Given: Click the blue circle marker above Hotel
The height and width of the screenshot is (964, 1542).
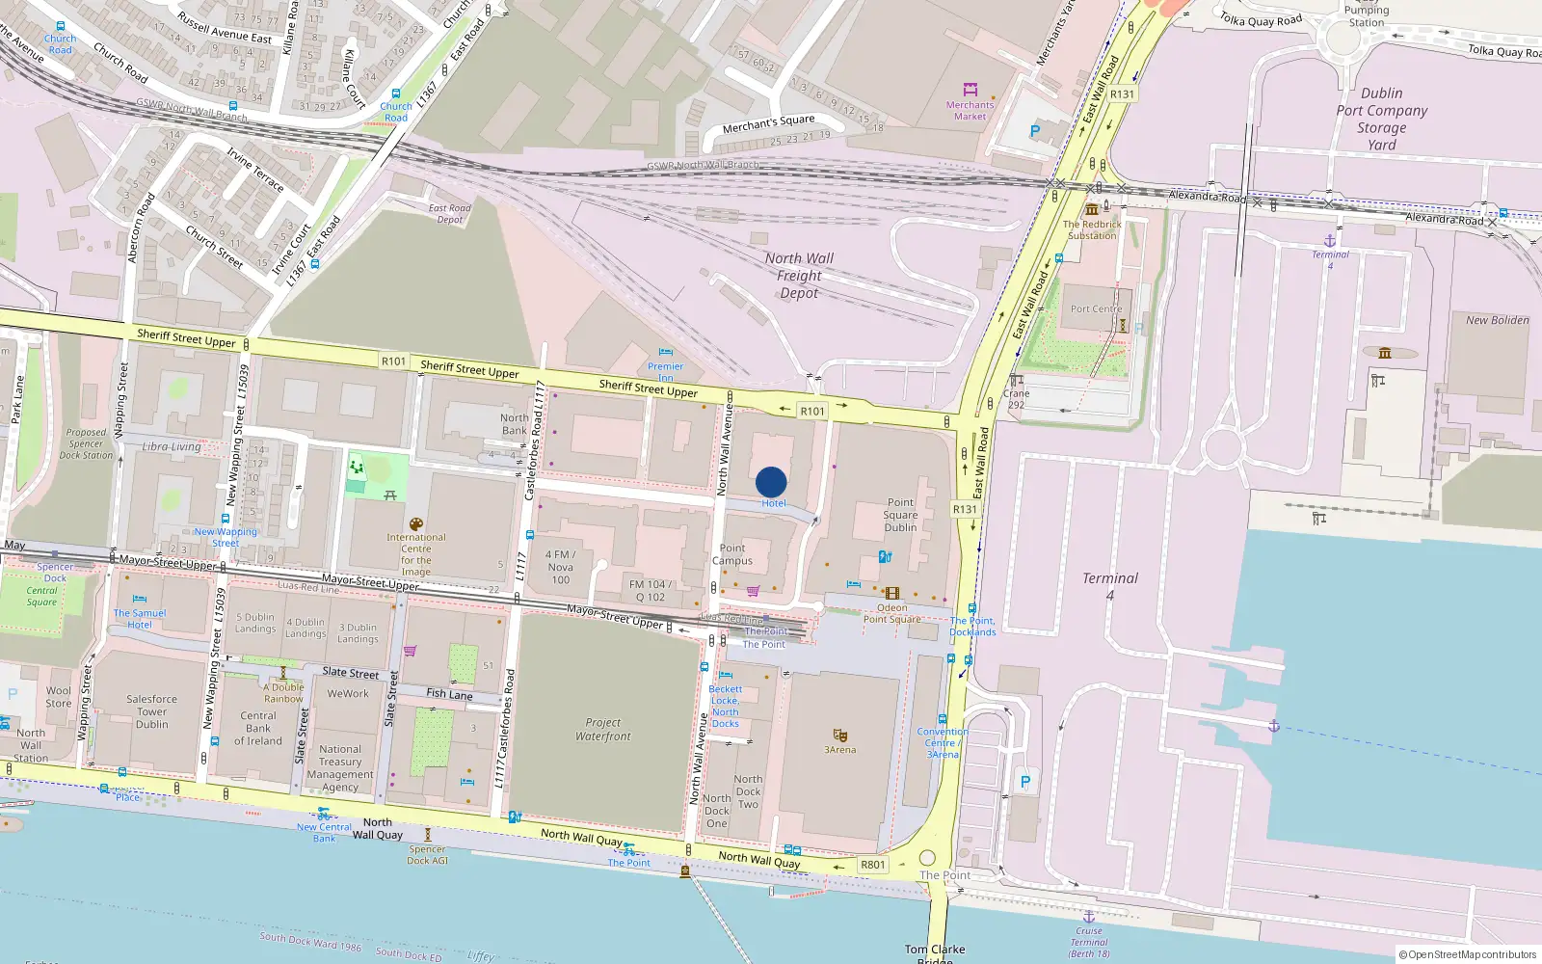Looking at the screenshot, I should click(x=771, y=482).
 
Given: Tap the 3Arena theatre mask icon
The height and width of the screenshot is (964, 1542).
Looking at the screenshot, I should click(x=839, y=736).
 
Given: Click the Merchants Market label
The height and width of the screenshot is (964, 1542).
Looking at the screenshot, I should click(x=970, y=111).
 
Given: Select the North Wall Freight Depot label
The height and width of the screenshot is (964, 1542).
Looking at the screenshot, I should click(x=799, y=276).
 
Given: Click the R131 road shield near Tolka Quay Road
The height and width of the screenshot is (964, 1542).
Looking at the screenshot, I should click(x=1122, y=94).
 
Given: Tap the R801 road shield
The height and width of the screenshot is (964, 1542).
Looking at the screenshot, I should click(x=872, y=865).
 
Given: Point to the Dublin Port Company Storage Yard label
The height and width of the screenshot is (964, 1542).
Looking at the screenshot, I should click(x=1381, y=119).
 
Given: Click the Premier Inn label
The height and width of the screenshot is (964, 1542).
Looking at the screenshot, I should click(x=665, y=371).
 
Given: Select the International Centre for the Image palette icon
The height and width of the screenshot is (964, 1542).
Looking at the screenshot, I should click(x=416, y=524).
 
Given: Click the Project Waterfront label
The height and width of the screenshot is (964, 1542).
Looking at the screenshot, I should click(x=603, y=730).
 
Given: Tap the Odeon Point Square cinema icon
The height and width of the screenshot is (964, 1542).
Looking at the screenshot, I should click(x=892, y=594).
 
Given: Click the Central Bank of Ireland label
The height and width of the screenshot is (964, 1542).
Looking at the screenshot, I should click(x=258, y=728).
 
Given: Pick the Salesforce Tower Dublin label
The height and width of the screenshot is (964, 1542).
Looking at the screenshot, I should click(x=151, y=711).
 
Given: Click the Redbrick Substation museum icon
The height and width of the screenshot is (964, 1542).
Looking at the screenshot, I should click(x=1092, y=209).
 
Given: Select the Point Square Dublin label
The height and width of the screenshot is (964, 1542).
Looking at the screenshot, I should click(x=900, y=515).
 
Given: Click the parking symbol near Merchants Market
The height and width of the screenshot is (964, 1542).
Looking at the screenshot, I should click(x=1035, y=131).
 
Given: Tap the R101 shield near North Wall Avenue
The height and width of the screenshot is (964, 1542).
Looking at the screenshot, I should click(x=812, y=411).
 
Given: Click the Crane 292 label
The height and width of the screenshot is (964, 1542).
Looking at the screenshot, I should click(x=1016, y=399).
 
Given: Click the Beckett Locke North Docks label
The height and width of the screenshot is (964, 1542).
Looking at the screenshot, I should click(x=725, y=707).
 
